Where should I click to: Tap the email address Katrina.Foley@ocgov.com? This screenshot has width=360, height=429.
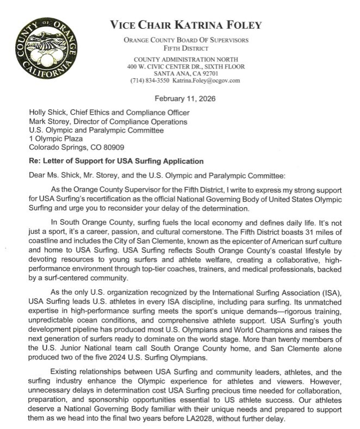pos(207,80)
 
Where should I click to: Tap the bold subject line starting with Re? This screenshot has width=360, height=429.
pos(108,161)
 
